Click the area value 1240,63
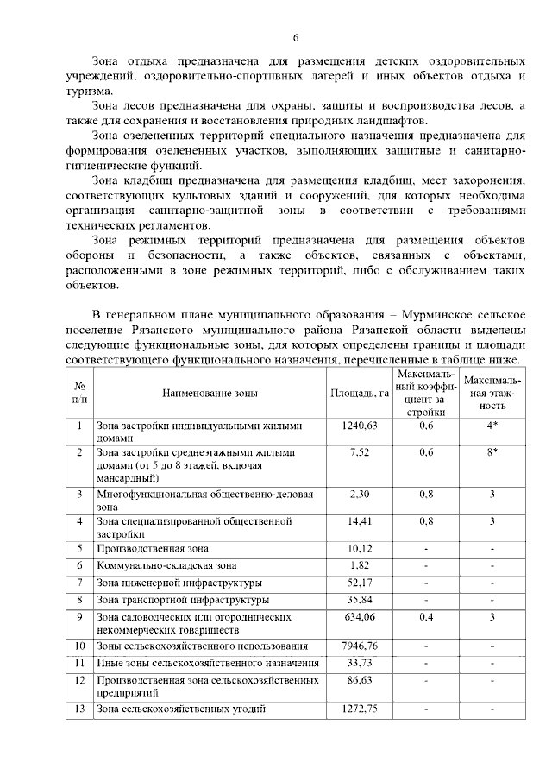pos(359,426)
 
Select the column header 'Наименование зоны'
pos(209,394)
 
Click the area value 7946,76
pos(359,646)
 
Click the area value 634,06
pos(359,617)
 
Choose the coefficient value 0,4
pos(425,617)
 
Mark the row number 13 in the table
pos(79,709)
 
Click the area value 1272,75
pos(359,709)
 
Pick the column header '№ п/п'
pos(79,394)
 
